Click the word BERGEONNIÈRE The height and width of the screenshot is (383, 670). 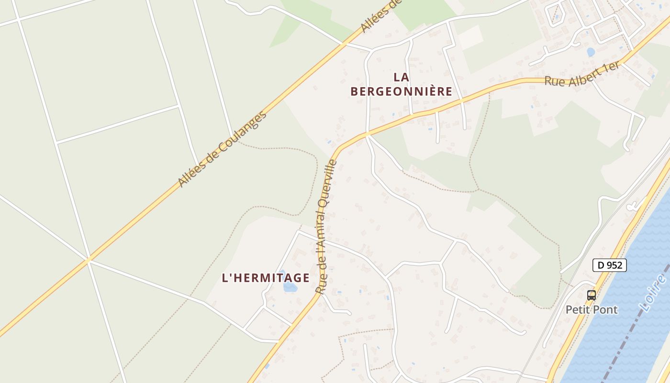coord(401,91)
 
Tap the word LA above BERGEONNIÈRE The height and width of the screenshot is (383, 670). coord(402,77)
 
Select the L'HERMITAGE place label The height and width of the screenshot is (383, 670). coord(266,278)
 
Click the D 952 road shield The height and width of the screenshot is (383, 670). coord(609,265)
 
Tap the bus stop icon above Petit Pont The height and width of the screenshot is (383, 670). coord(592,295)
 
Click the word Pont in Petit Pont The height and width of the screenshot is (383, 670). coord(605,310)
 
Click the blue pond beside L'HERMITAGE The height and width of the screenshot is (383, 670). coord(290,287)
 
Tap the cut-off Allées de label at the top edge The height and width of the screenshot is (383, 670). coord(380,16)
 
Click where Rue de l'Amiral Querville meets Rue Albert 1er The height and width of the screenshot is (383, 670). coord(367,134)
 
